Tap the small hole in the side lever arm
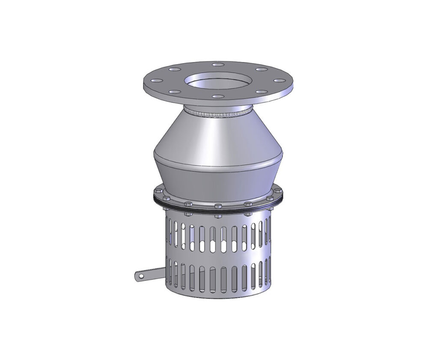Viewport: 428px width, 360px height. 139,277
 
